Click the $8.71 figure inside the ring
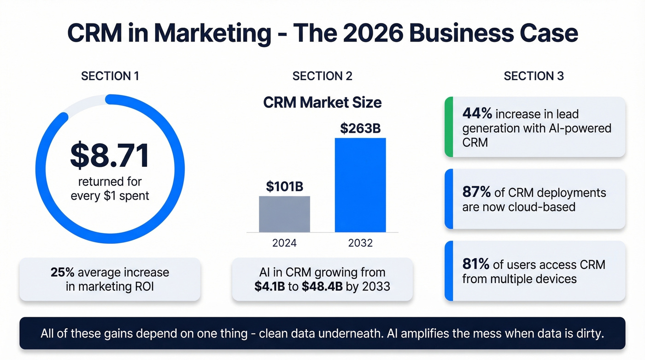pos(110,155)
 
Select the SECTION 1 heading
pos(110,76)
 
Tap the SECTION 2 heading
pos(322,76)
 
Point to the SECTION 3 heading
pos(534,76)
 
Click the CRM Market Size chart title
pos(322,102)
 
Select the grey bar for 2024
pos(284,214)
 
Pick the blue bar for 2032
pos(360,185)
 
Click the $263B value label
pos(360,129)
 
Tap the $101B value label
pos(284,187)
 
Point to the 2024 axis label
pos(284,243)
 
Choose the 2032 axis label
pos(360,243)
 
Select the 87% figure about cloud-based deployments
pos(476,193)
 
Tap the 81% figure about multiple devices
pos(475,265)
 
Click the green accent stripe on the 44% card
pos(448,127)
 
